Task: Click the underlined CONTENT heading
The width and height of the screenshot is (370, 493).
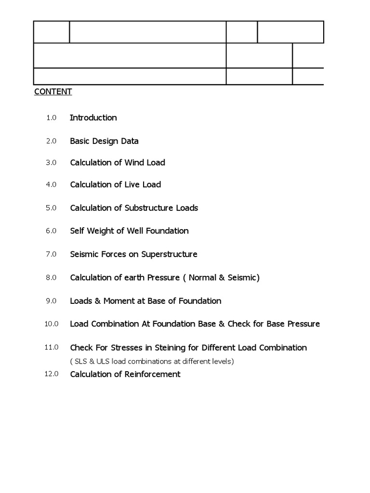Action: [x=53, y=91]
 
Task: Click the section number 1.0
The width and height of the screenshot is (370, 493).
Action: [x=52, y=117]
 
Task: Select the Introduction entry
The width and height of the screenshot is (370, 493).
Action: [x=93, y=117]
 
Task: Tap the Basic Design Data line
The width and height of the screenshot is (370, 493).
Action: [x=104, y=141]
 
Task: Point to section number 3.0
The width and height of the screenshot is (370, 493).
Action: [x=52, y=163]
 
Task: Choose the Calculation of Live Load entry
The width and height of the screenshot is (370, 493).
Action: [x=116, y=184]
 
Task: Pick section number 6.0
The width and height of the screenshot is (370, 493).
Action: [x=52, y=231]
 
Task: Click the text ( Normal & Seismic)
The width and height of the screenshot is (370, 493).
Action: [x=224, y=278]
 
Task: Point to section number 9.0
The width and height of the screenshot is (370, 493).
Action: [x=52, y=301]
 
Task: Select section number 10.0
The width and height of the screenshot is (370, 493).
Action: [x=52, y=324]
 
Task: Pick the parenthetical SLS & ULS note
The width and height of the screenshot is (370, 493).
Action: [x=152, y=361]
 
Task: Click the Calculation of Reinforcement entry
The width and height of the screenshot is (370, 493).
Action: [x=125, y=374]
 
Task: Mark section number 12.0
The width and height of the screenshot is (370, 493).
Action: [x=52, y=374]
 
